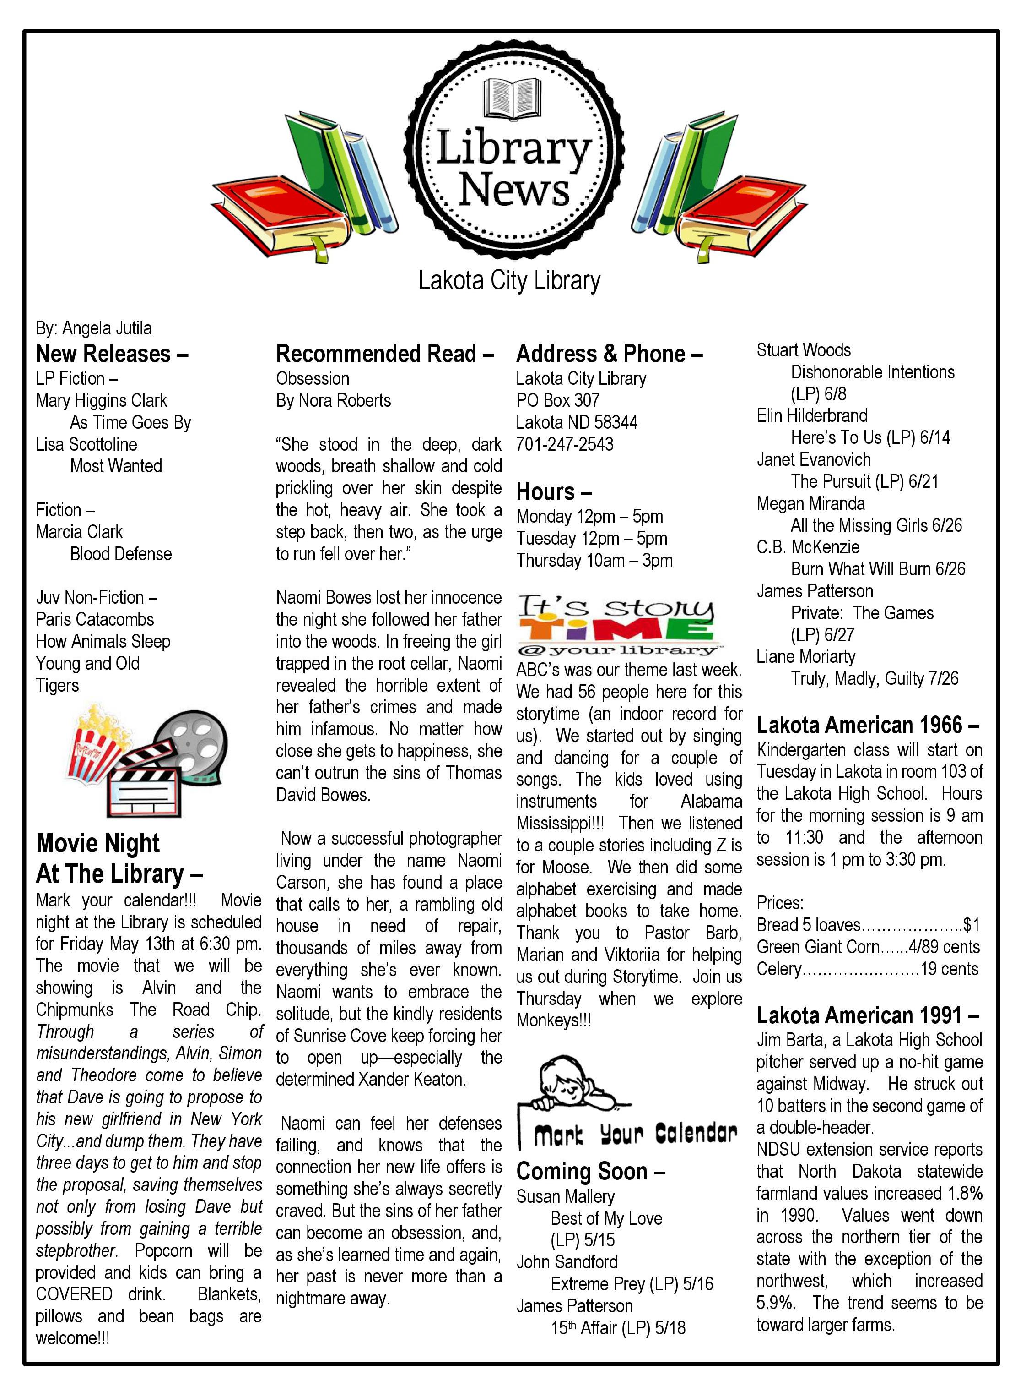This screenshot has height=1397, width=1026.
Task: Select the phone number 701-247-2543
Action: [565, 444]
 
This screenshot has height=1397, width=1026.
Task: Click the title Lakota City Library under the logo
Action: [509, 280]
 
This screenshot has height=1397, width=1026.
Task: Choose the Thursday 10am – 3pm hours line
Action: [594, 561]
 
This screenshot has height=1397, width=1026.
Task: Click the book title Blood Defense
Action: [121, 554]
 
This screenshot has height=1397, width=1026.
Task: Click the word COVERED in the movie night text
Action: [74, 1294]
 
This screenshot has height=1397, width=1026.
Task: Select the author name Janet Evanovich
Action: [814, 459]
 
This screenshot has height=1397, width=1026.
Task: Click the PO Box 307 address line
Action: [558, 400]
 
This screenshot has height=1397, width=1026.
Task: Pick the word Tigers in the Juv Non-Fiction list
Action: [57, 686]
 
